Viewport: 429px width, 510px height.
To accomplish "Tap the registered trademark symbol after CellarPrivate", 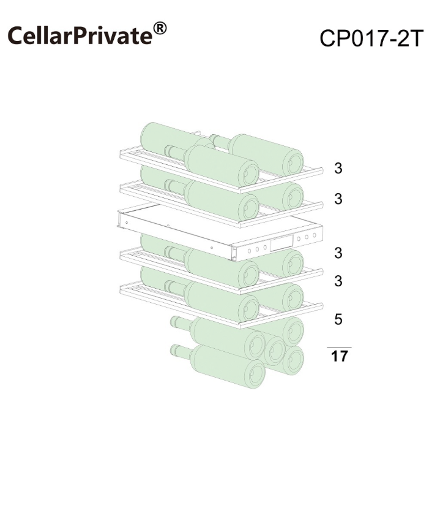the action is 160,29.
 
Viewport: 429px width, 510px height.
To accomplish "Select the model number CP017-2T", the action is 371,39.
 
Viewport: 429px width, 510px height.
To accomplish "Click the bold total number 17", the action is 340,356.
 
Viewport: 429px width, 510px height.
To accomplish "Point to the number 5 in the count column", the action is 338,319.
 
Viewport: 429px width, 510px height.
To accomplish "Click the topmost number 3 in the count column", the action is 338,169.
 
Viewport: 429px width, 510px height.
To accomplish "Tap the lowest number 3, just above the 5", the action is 338,281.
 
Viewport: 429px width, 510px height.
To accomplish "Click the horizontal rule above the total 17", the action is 339,347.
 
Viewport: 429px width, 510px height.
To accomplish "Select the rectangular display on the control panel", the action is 282,243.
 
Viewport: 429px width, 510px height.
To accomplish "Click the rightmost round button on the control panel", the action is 315,235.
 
